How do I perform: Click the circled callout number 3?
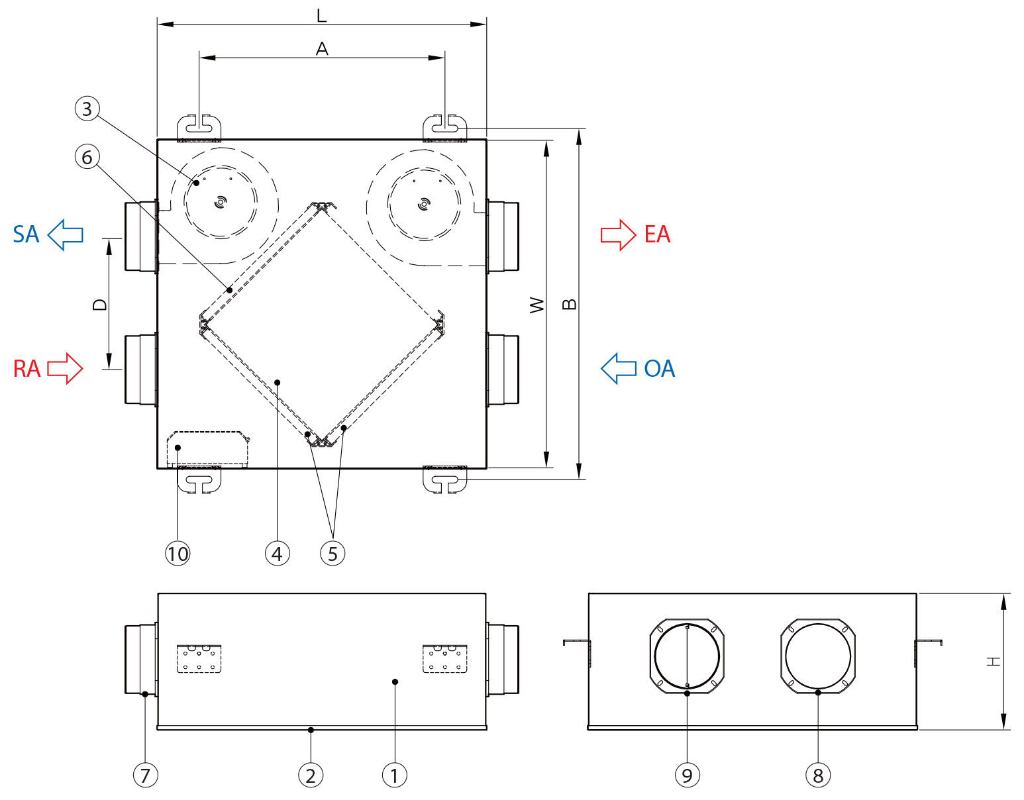[87, 109]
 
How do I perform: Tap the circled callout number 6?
[87, 157]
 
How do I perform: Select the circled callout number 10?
[178, 553]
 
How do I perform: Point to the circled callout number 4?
[277, 553]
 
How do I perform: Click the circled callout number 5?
[333, 553]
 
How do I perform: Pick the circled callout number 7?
[145, 775]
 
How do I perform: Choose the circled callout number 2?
[311, 775]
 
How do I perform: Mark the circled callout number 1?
[395, 775]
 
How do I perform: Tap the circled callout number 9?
[687, 775]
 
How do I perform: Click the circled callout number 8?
[818, 775]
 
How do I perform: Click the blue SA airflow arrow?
[66, 234]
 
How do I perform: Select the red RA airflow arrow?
[65, 368]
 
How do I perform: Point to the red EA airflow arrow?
[618, 234]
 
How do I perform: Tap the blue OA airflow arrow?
[619, 368]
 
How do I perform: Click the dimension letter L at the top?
[322, 15]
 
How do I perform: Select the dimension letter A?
[322, 48]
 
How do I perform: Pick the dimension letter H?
[994, 661]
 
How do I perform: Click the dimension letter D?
[99, 305]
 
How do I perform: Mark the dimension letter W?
[537, 305]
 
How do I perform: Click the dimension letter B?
[569, 305]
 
